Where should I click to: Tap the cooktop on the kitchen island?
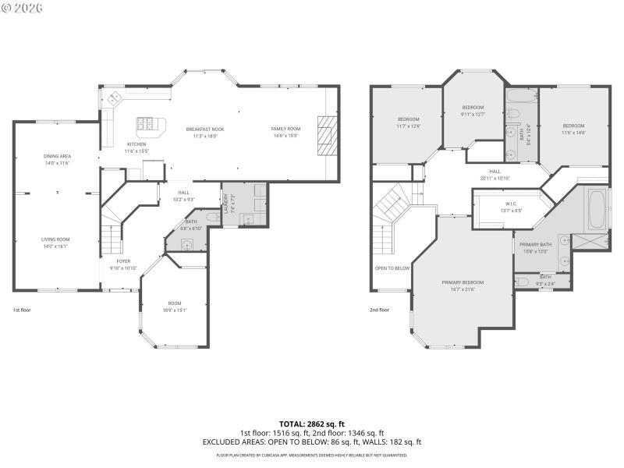click(x=146, y=123)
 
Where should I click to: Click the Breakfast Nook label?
click(x=205, y=129)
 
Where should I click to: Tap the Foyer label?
click(x=124, y=261)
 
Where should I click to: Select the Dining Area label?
click(x=57, y=156)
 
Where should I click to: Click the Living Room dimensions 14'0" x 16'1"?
click(x=57, y=246)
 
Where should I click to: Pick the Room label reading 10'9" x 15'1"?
click(x=175, y=307)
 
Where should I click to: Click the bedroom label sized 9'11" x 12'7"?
click(x=473, y=111)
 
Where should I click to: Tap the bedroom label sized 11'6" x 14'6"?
click(x=573, y=129)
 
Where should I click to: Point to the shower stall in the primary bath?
click(x=590, y=242)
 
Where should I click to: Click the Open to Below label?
click(x=392, y=268)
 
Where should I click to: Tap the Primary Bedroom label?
click(x=463, y=282)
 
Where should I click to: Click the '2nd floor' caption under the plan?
click(x=379, y=310)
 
